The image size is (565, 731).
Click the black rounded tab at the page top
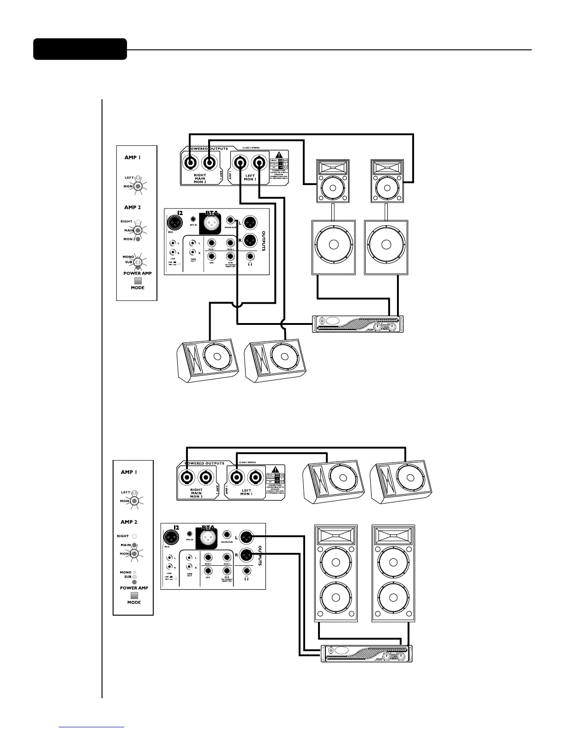[x=80, y=49]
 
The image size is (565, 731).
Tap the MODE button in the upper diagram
[x=138, y=280]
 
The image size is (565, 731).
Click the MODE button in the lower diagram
[x=134, y=595]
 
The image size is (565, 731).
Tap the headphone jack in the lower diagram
[x=247, y=571]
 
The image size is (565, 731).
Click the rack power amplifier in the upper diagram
[x=358, y=324]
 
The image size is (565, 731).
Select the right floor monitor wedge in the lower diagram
[x=401, y=481]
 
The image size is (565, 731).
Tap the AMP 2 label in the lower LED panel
[x=129, y=522]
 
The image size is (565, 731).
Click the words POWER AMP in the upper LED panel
[x=137, y=273]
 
